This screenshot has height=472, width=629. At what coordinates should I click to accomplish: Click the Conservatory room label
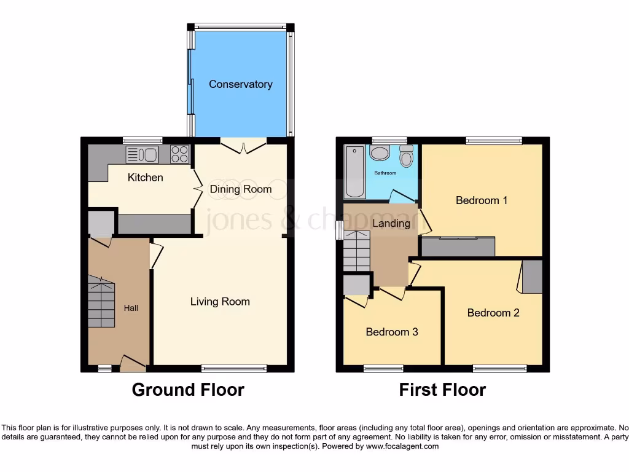[x=240, y=84]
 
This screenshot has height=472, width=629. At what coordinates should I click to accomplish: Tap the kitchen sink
[x=143, y=155]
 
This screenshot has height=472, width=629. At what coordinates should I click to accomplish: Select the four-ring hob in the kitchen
[x=179, y=154]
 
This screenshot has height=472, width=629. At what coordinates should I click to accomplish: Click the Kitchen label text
[x=145, y=178]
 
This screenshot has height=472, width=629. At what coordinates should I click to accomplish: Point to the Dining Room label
[x=241, y=189]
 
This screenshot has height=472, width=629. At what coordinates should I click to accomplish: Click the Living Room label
[x=220, y=301]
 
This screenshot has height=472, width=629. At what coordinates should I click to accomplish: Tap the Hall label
[x=131, y=307]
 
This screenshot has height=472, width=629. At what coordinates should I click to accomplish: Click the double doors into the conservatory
[x=244, y=146]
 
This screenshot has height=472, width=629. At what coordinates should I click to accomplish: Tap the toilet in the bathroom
[x=406, y=157]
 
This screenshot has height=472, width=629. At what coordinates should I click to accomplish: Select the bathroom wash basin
[x=379, y=153]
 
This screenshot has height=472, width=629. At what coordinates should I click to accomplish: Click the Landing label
[x=391, y=223]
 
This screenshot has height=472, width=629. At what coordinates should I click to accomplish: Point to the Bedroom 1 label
[x=481, y=200]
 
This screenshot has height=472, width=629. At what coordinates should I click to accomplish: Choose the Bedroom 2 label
[x=493, y=312]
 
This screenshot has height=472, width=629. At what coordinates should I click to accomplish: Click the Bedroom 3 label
[x=392, y=332]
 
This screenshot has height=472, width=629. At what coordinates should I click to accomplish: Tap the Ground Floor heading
[x=188, y=390]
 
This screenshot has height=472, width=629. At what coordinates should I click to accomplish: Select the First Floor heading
[x=442, y=390]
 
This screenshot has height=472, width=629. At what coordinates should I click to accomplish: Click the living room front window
[x=234, y=369]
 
